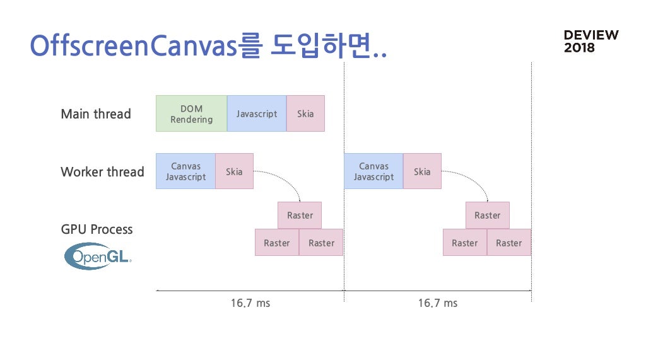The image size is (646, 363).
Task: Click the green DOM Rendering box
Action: pos(192,113)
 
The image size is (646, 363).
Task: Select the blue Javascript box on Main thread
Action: pos(257,113)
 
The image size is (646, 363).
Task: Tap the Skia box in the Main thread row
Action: pos(306,113)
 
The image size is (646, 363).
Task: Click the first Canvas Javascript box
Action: pos(186,171)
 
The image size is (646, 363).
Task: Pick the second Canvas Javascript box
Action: pos(373,171)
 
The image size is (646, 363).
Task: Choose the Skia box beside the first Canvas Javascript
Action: pos(235,171)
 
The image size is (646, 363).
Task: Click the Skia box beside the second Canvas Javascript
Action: pos(422,171)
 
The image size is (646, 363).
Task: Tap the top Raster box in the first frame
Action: pos(300,216)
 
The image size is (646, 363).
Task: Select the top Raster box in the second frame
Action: pos(488,216)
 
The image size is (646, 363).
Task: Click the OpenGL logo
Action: pos(98,256)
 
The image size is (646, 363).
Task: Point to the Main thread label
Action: pos(96,113)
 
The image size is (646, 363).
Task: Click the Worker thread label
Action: pos(103,171)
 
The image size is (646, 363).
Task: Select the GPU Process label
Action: pos(97,229)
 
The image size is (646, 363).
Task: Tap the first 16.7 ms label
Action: pos(250,303)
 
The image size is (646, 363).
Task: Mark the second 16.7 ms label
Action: pos(438,303)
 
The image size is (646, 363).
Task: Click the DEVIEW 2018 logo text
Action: pos(591,41)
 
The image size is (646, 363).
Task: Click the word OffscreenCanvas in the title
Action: pos(134,45)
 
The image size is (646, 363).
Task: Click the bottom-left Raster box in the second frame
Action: pos(465,243)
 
